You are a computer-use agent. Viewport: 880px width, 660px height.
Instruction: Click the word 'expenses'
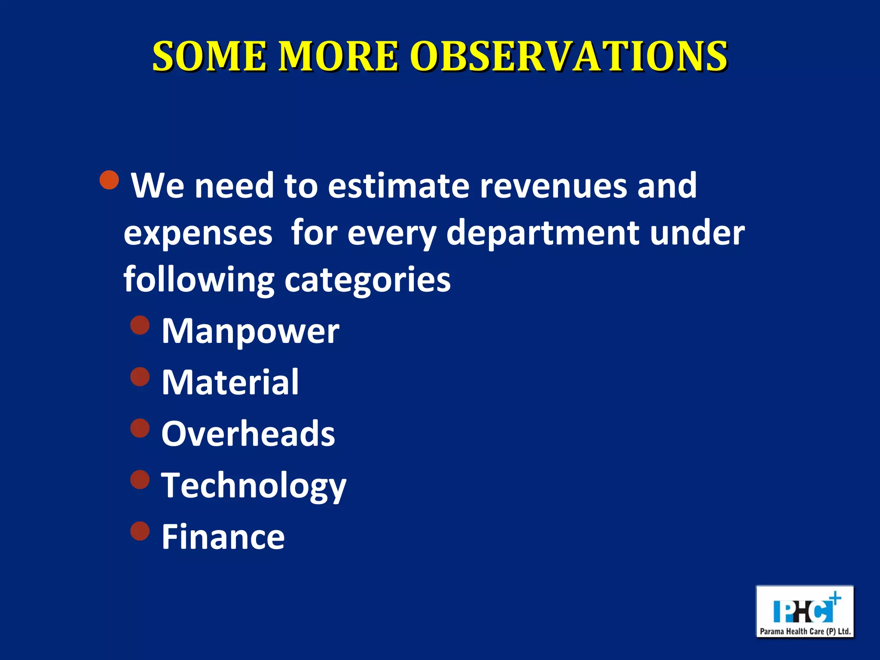pyautogui.click(x=198, y=233)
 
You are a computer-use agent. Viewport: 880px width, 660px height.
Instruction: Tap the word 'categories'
pyautogui.click(x=367, y=280)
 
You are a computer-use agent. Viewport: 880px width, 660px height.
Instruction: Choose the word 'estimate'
pyautogui.click(x=398, y=186)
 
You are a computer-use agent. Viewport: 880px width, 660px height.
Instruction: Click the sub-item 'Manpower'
pyautogui.click(x=250, y=331)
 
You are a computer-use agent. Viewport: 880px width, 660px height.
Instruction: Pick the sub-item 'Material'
pyautogui.click(x=230, y=382)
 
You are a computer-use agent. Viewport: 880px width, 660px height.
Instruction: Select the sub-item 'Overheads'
pyautogui.click(x=248, y=434)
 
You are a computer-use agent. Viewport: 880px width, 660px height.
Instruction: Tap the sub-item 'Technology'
pyautogui.click(x=254, y=486)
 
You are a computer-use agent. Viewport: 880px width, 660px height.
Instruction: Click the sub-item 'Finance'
pyautogui.click(x=223, y=537)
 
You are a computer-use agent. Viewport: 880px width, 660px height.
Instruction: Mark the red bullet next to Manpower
pyautogui.click(x=140, y=325)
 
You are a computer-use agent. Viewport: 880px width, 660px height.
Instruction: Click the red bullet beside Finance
pyautogui.click(x=140, y=531)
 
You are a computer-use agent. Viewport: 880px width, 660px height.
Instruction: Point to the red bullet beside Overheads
pyautogui.click(x=140, y=428)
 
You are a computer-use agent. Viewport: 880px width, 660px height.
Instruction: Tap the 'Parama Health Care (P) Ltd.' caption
pyautogui.click(x=805, y=631)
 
